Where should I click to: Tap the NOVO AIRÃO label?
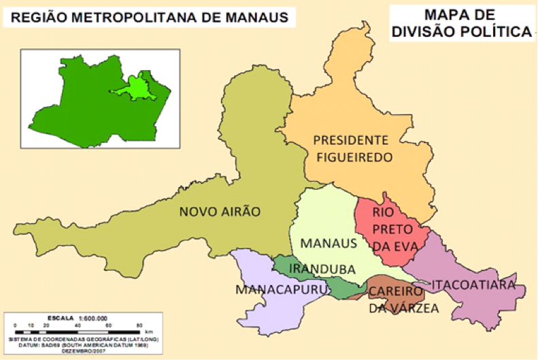coord(220,212)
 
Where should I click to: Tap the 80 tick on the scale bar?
coord(139,325)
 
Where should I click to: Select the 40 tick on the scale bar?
coord(78,325)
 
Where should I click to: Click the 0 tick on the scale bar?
coord(16,325)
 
